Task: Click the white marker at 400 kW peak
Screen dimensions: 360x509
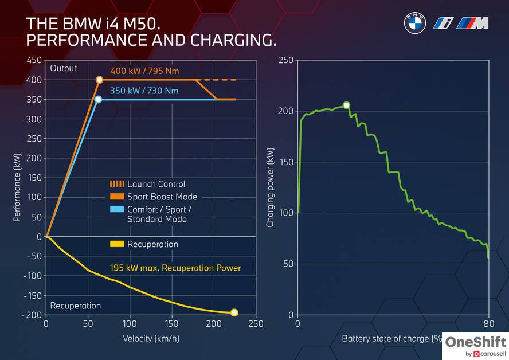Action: (x=99, y=80)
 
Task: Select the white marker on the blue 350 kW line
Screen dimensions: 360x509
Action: (x=98, y=100)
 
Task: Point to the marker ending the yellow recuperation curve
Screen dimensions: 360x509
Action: (x=234, y=312)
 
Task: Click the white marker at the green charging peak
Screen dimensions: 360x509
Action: (x=346, y=105)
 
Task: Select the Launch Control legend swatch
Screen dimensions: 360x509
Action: (x=117, y=184)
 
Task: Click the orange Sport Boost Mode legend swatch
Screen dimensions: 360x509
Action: (x=117, y=197)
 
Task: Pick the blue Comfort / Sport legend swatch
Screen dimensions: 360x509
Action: (x=117, y=209)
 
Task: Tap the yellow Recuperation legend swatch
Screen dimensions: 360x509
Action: (x=117, y=244)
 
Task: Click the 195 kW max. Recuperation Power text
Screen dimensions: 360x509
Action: (x=175, y=268)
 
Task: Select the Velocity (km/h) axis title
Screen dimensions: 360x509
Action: (x=151, y=338)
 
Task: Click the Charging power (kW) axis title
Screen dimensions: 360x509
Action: (x=270, y=189)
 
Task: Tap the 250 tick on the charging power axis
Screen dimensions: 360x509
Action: (x=287, y=60)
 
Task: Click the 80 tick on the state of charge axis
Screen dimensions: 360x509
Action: (x=488, y=324)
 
